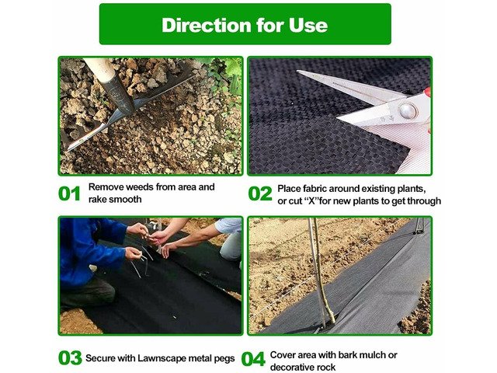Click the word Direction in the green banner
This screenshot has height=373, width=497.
(207, 25)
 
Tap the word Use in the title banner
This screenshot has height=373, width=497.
(308, 25)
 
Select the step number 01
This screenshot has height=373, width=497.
(69, 193)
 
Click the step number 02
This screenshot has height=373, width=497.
(260, 193)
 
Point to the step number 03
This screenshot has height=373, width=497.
(70, 357)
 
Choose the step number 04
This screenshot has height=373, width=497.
(253, 359)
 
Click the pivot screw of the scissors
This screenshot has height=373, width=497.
(407, 110)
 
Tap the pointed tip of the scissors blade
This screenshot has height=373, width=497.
(298, 71)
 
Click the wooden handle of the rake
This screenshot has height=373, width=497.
(100, 68)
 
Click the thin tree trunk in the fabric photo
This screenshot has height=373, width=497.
(319, 273)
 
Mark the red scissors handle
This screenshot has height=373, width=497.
(428, 92)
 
